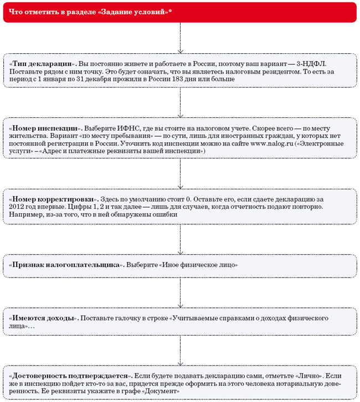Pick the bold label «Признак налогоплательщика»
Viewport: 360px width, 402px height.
(65, 265)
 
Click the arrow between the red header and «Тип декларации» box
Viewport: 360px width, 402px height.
(180, 38)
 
